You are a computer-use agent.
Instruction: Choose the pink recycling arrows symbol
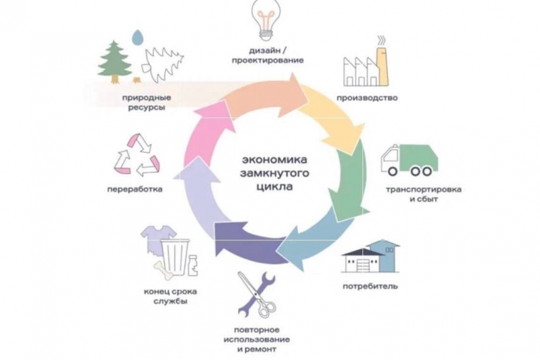click(138, 153)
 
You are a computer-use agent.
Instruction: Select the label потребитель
click(368, 287)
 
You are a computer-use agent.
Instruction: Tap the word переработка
click(134, 189)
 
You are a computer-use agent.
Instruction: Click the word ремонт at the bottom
click(272, 349)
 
